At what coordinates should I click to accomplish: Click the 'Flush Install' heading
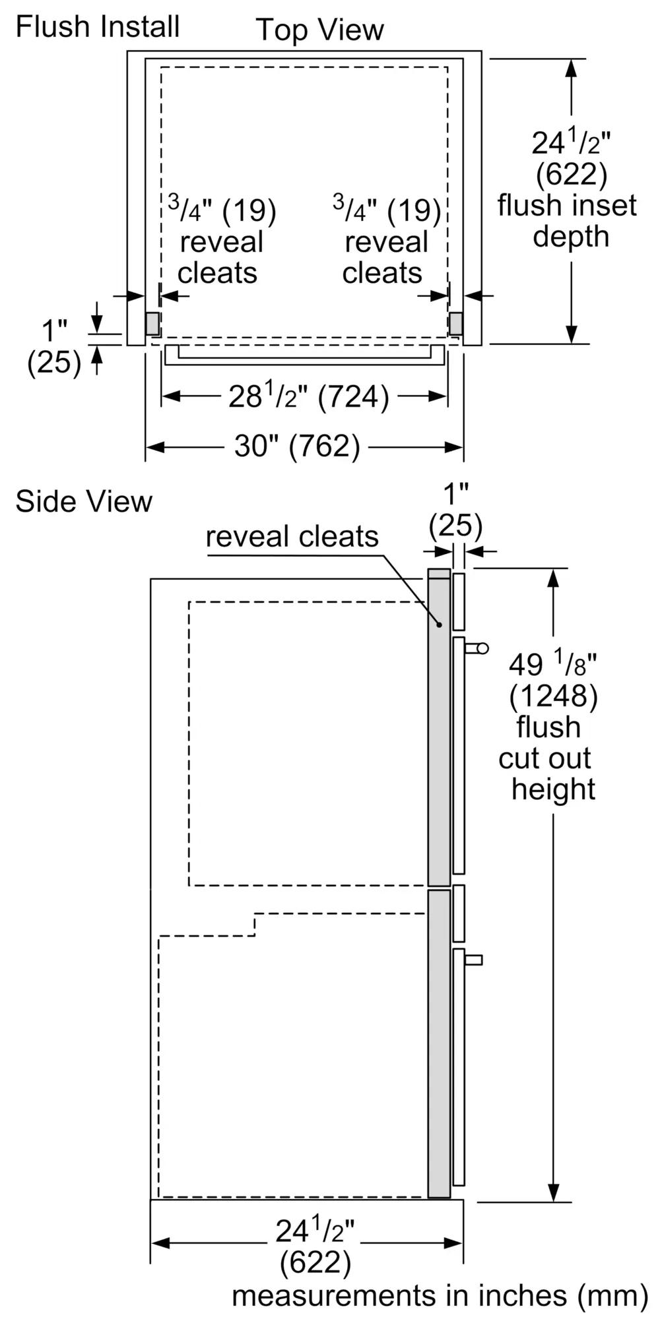pos(98,27)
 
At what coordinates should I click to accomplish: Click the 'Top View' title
pos(319,30)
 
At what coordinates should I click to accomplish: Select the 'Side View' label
pos(84,501)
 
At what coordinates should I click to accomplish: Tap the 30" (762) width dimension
pos(297,446)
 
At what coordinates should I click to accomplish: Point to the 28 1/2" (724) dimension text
pos(308,396)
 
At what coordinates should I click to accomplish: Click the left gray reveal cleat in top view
pos(152,322)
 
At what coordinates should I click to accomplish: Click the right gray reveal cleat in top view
pos(455,322)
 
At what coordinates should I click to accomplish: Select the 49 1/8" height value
pos(553,664)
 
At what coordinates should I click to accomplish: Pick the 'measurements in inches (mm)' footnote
pos(440,1295)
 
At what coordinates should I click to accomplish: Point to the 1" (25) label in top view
pos(54,346)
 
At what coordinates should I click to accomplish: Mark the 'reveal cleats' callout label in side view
pos(292,537)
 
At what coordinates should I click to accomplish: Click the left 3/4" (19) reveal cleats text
pos(221,241)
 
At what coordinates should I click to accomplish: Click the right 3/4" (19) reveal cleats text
pos(385,241)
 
